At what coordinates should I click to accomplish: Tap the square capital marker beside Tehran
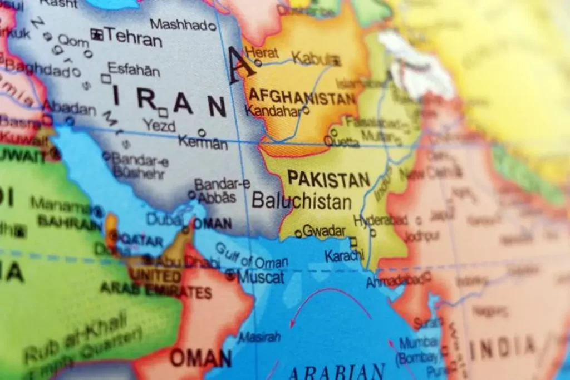pos(97,34)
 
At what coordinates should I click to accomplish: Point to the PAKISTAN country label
pos(328,179)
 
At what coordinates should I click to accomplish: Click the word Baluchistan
pos(301,201)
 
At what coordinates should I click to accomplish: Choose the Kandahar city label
pos(273,111)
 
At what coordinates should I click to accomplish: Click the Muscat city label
pos(261,277)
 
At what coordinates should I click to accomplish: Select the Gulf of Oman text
pos(252,256)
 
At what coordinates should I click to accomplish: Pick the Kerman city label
pos(203,143)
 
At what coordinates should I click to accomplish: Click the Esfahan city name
pos(134,70)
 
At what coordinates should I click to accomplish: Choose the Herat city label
pos(262,52)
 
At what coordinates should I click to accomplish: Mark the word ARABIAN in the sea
pos(336,371)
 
